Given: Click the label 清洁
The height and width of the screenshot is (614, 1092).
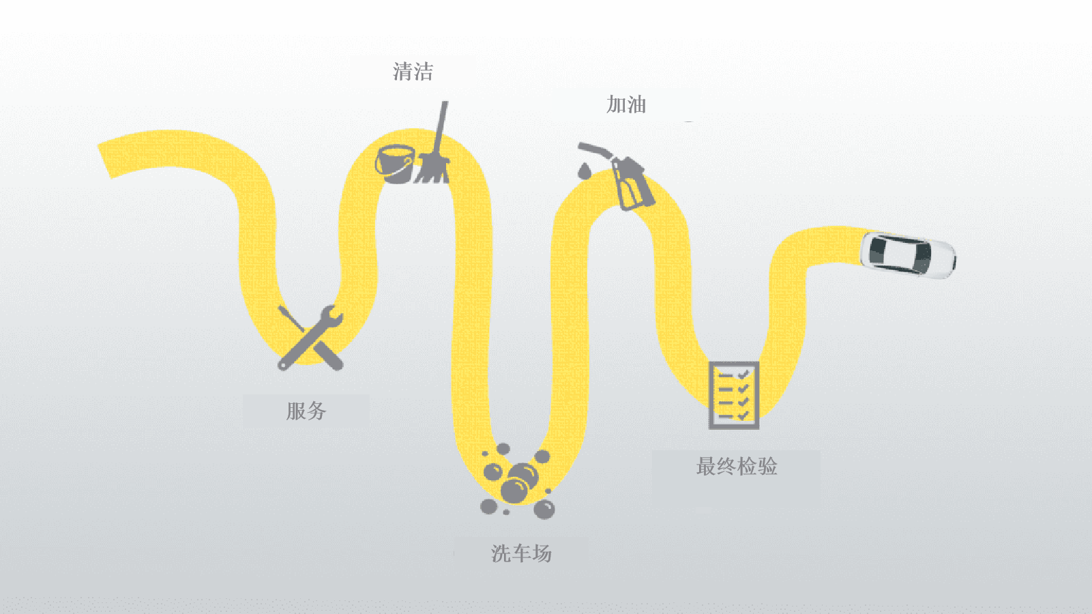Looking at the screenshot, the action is (413, 72).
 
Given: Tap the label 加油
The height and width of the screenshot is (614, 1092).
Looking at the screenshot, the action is (626, 104).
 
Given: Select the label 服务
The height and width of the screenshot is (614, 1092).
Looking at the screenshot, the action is (306, 411).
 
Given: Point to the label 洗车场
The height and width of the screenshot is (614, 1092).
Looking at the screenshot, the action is (521, 553).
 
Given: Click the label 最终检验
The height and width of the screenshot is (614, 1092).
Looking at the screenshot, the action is (737, 466).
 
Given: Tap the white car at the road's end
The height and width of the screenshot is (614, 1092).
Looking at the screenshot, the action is (907, 256).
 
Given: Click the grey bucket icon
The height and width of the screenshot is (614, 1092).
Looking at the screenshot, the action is (395, 164).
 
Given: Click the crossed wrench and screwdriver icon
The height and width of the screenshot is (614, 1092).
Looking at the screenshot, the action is (310, 338).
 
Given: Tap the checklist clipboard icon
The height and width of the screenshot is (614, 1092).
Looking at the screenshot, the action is (734, 395).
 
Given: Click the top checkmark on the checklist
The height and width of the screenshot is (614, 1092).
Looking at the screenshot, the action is (743, 375).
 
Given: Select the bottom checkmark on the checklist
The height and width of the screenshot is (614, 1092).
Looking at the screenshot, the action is (743, 415).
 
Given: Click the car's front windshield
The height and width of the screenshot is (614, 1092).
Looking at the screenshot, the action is (921, 259).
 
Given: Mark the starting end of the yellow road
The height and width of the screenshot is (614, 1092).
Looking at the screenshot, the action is (104, 161).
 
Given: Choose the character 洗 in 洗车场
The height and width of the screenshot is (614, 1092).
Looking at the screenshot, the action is (501, 553).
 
